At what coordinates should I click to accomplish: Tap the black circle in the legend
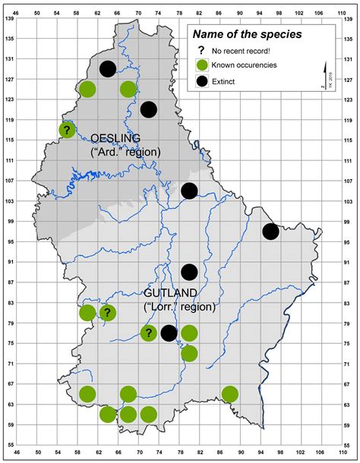(x=202, y=80)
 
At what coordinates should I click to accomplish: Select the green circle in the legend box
(x=202, y=65)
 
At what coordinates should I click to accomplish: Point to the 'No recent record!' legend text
(x=242, y=51)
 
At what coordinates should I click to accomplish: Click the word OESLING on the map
(x=115, y=138)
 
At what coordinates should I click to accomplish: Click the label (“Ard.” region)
(x=125, y=152)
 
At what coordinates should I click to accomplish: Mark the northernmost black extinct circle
(x=108, y=69)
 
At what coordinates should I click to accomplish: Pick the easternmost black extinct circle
(x=270, y=232)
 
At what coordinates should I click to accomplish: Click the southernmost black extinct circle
(x=169, y=332)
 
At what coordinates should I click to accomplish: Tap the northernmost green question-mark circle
(x=67, y=130)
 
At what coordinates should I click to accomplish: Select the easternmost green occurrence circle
(x=229, y=393)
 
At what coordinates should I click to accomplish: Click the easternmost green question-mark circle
(x=148, y=332)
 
